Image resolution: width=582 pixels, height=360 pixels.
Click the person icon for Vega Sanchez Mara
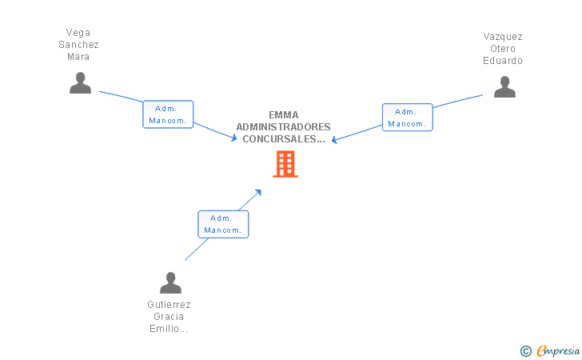tap(80, 83)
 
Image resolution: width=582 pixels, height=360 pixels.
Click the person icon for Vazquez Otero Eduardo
tap(504, 87)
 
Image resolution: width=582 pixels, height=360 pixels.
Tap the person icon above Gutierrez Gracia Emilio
tap(170, 283)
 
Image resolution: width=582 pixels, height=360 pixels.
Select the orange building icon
tap(285, 164)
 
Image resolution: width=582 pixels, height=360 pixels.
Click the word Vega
tap(78, 33)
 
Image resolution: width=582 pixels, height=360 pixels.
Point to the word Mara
tap(78, 57)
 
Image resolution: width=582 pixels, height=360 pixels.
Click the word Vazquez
tap(503, 37)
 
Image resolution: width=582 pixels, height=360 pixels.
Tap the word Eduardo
tap(503, 61)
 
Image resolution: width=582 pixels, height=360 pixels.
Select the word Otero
tap(503, 49)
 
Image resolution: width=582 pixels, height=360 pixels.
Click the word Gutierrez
tap(169, 305)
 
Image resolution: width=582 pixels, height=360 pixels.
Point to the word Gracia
tap(169, 317)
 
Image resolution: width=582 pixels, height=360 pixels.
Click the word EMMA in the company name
tap(284, 115)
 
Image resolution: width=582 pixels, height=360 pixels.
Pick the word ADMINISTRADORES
tap(284, 127)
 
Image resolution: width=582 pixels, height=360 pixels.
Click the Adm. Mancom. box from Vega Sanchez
tap(168, 114)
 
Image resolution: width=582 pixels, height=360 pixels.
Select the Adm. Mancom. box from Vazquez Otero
tap(407, 118)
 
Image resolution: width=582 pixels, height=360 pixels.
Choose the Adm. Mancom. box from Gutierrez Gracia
tap(223, 224)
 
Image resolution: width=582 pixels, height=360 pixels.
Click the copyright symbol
tap(525, 350)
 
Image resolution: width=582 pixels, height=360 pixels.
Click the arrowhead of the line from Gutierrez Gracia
tap(258, 192)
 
